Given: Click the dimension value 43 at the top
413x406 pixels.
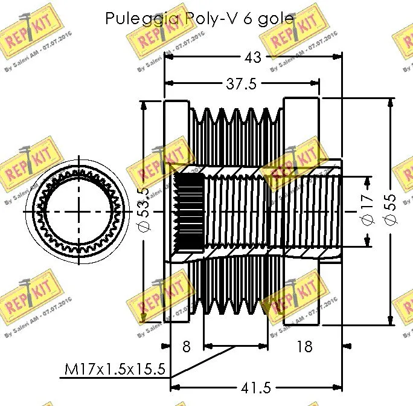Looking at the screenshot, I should tap(253, 57).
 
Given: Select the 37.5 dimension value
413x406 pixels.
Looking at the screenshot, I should tap(242, 84).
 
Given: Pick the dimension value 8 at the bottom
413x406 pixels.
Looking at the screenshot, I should tap(186, 346).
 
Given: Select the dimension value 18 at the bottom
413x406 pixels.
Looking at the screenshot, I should tap(305, 346).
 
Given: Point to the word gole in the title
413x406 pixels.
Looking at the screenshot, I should tap(275, 19).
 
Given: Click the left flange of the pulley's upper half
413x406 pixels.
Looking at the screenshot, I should tap(176, 130).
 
